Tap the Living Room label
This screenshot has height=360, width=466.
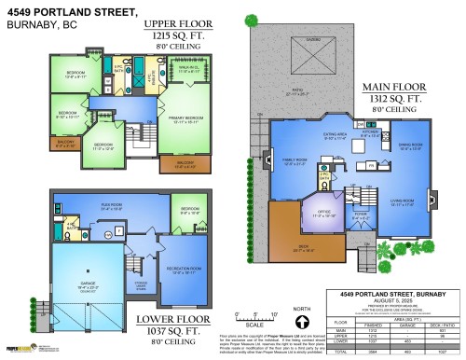pos(404,202)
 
